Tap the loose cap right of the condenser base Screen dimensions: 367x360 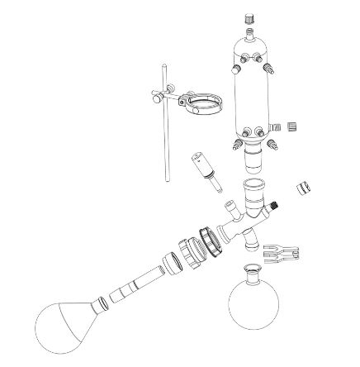click(x=290, y=127)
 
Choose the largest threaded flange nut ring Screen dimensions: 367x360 click(x=206, y=241)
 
